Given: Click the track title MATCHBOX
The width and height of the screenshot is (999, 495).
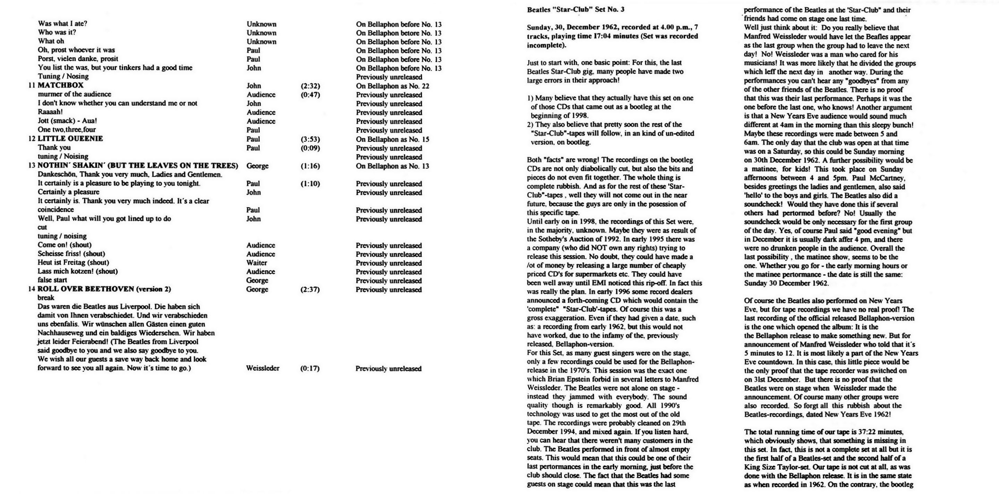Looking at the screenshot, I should (60, 85).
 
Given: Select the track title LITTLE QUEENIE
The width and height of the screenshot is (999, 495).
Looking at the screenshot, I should (70, 139).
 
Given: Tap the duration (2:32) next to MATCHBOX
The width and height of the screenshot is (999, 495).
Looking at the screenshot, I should (310, 86).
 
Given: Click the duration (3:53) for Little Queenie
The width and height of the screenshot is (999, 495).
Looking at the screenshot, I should (310, 139).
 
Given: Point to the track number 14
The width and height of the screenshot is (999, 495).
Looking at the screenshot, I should (32, 289).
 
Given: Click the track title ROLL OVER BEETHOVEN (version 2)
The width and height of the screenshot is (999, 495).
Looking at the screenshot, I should (104, 289).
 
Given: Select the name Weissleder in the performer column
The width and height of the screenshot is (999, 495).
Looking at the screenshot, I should (263, 368).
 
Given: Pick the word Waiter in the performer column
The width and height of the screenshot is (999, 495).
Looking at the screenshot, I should (256, 263).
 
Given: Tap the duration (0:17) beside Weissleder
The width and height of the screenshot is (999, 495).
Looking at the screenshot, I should (310, 368).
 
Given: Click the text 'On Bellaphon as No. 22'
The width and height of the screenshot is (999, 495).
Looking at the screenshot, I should (392, 86).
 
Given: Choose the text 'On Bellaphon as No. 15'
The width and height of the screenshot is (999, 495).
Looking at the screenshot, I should (392, 139).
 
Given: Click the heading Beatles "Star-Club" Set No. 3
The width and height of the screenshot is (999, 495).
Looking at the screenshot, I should (575, 10).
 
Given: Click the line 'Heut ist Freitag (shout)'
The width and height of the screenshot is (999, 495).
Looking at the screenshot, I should (73, 262).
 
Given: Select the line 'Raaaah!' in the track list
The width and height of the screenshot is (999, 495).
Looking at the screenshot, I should (50, 112).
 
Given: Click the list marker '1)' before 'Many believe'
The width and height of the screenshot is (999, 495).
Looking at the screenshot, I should (530, 98).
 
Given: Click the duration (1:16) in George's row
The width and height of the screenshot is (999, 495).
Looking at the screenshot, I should (310, 166).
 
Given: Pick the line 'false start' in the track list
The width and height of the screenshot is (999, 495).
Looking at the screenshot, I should (52, 280).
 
